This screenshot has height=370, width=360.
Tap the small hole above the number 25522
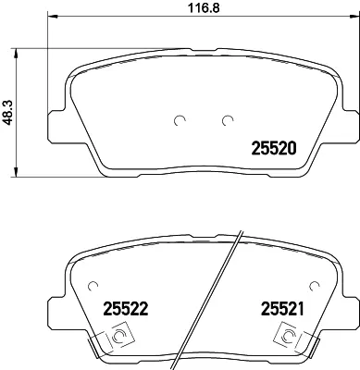(x=92, y=285)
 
